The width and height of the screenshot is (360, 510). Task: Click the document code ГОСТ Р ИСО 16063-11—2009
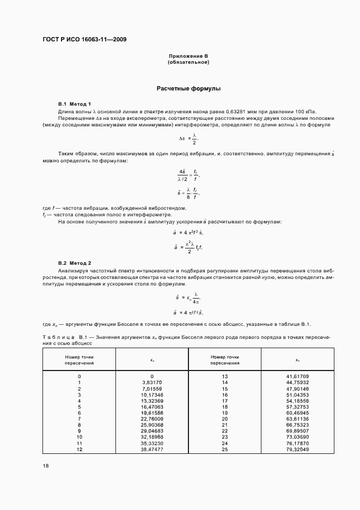pyautogui.click(x=84, y=39)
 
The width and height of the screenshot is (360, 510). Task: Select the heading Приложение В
pyautogui.click(x=188, y=57)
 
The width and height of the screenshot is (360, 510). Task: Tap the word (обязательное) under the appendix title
pyautogui.click(x=188, y=62)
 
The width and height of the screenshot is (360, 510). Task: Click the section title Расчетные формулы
pyautogui.click(x=188, y=88)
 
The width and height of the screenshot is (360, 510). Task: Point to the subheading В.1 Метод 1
pyautogui.click(x=75, y=104)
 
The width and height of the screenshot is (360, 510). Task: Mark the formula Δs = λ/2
pyautogui.click(x=188, y=138)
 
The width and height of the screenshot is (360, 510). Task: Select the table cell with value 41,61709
pyautogui.click(x=297, y=377)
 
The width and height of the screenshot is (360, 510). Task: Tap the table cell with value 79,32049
pyautogui.click(x=297, y=450)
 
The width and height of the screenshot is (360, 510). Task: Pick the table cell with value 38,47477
pyautogui.click(x=152, y=450)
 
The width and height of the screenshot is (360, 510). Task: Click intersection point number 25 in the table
pyautogui.click(x=224, y=450)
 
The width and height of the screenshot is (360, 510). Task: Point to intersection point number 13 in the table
pyautogui.click(x=224, y=377)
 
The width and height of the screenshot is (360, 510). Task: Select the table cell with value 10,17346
pyautogui.click(x=152, y=395)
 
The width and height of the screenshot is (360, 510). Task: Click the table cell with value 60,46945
pyautogui.click(x=297, y=413)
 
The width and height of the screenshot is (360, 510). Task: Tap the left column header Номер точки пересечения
pyautogui.click(x=79, y=360)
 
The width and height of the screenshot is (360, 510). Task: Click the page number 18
pyautogui.click(x=45, y=466)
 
